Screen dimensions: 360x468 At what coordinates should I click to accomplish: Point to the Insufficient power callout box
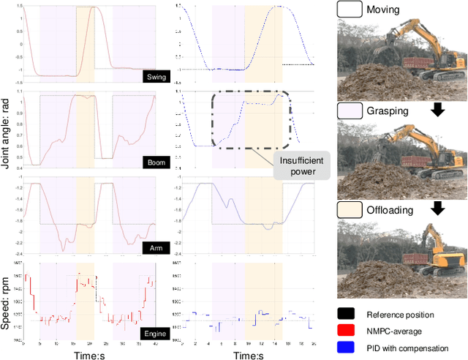pos(300,165)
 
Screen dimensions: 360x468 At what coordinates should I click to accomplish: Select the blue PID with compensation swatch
pos(347,348)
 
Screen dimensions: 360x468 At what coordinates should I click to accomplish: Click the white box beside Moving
pos(348,10)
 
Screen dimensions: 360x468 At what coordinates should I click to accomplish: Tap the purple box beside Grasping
pos(348,110)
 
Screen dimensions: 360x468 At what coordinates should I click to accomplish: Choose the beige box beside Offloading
pos(348,210)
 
